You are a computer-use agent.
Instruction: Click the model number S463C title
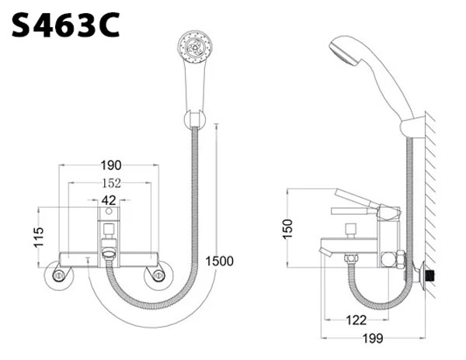coord(65,25)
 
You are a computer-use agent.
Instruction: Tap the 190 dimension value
coord(111,165)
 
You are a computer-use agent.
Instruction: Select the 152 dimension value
coord(111,183)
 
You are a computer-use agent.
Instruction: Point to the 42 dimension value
coord(109,200)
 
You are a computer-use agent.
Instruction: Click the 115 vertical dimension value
coord(39,237)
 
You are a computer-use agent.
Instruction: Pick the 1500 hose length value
coord(220,261)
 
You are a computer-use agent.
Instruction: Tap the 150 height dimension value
coord(287,229)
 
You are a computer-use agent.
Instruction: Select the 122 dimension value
coord(356,320)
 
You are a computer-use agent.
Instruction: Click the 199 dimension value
coord(373,338)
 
